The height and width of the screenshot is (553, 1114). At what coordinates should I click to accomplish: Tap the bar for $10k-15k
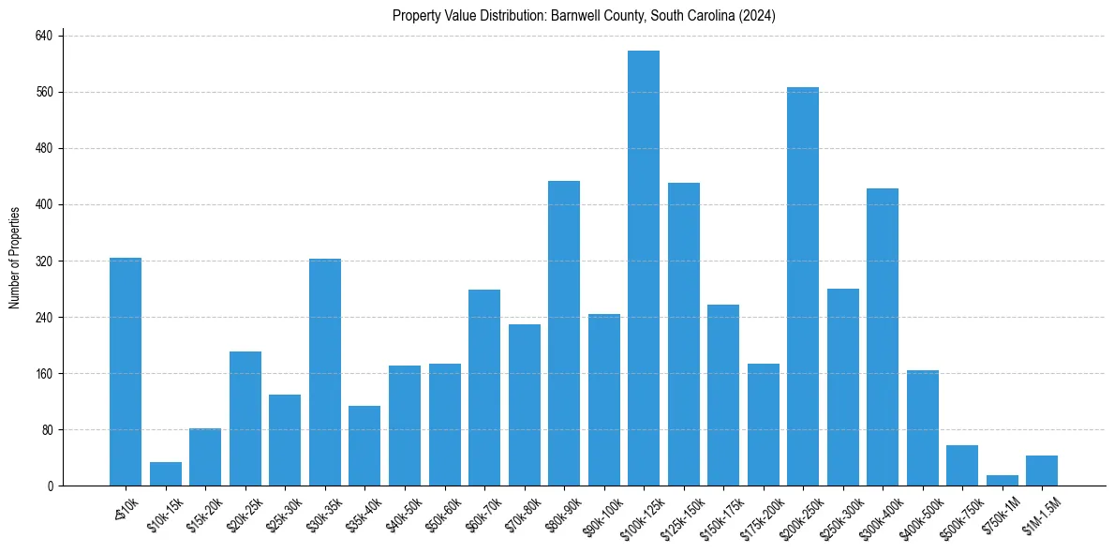[x=166, y=474]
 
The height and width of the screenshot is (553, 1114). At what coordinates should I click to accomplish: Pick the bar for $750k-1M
[x=1002, y=481]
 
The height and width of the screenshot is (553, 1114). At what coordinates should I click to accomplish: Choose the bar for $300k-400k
[x=882, y=337]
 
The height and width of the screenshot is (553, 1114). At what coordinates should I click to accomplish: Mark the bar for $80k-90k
[x=564, y=333]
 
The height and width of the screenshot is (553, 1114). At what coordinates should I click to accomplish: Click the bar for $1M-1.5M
[x=1041, y=471]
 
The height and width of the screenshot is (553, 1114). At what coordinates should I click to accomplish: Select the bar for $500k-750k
[x=961, y=466]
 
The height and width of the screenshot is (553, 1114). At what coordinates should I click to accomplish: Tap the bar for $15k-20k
[x=205, y=457]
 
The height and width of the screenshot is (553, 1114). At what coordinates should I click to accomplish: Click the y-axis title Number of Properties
[x=14, y=258]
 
